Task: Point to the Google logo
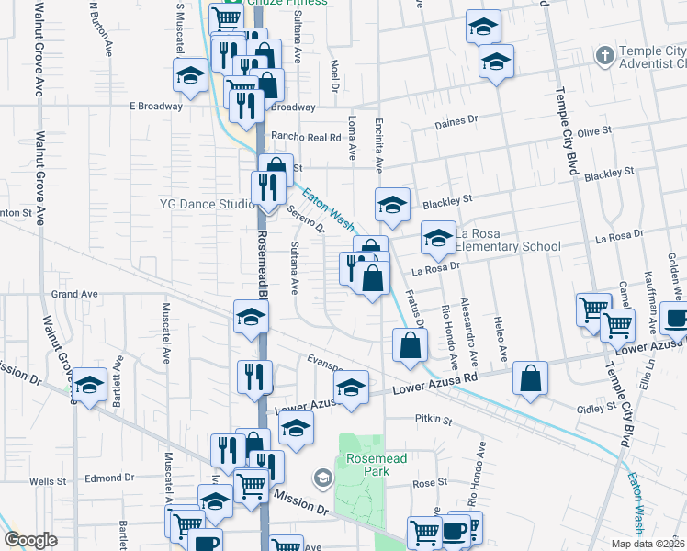[30, 540]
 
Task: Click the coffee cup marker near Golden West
[676, 319]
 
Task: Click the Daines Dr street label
[456, 120]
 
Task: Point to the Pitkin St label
[434, 421]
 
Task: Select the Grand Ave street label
[74, 294]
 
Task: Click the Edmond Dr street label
[109, 478]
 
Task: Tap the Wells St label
[43, 480]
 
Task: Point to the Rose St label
[429, 482]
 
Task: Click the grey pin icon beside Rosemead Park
[322, 478]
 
